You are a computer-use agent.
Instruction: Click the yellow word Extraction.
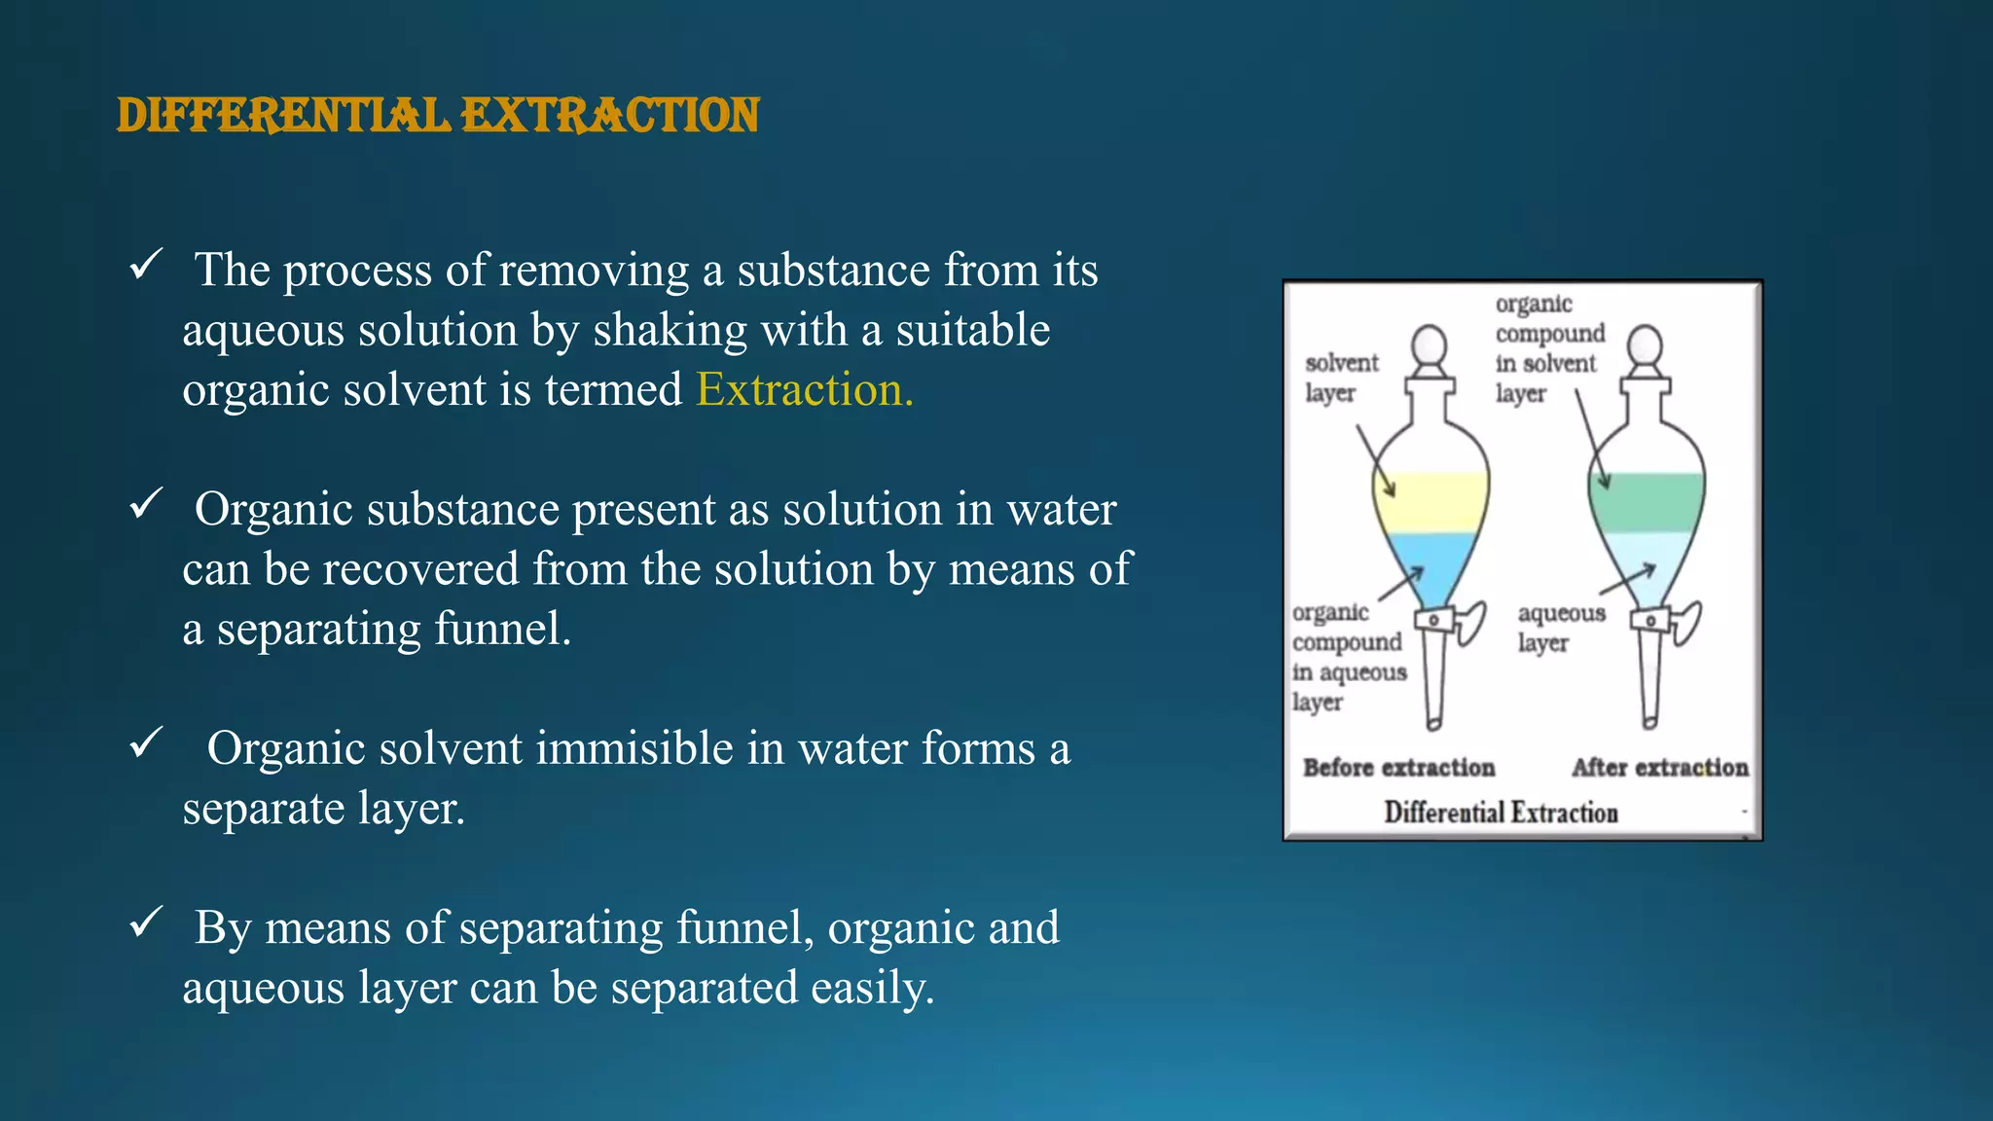pos(805,390)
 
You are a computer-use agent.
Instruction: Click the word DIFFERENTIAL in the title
pos(283,115)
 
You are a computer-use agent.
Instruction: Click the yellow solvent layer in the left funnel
pos(1431,502)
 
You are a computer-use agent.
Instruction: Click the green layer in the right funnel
pos(1647,502)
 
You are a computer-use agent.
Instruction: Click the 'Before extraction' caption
pos(1398,768)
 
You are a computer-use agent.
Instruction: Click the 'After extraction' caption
pos(1659,768)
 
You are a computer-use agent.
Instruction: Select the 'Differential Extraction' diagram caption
pos(1501,813)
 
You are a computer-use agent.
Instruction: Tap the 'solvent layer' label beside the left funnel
pos(1341,378)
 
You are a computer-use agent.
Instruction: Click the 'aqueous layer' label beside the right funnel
pos(1560,628)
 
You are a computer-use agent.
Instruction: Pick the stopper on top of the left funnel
pos(1430,348)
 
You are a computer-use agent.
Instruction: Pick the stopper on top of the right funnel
pos(1645,348)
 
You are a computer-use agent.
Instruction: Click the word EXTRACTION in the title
pos(610,115)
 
